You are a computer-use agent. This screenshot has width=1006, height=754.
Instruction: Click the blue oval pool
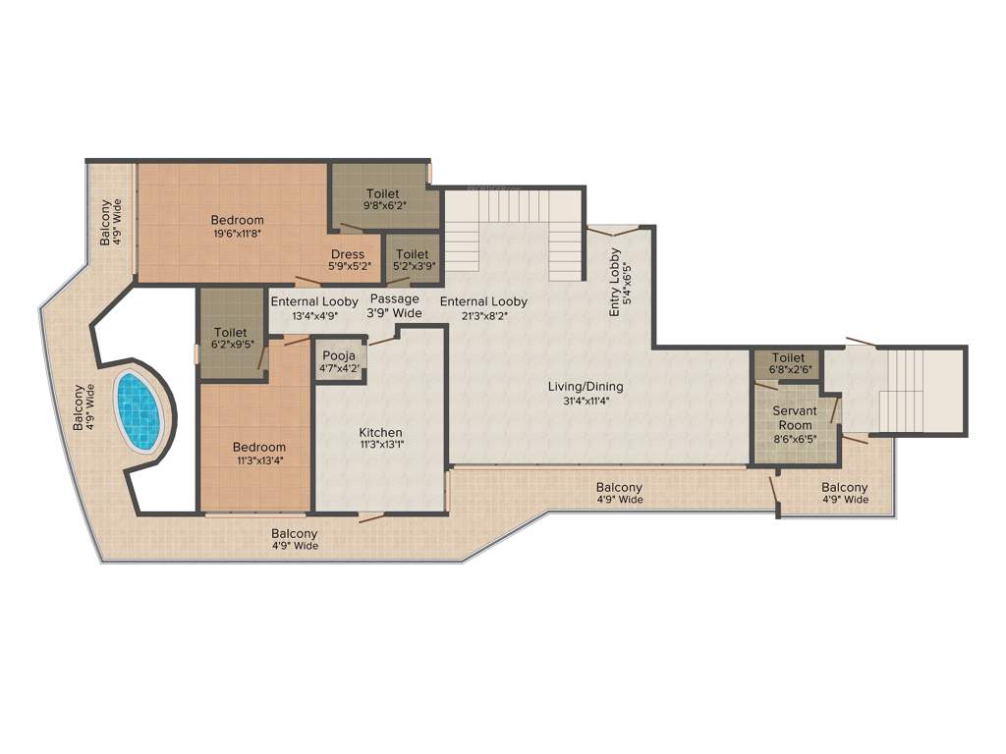(x=139, y=409)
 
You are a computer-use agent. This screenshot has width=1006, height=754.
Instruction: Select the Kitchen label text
(x=380, y=433)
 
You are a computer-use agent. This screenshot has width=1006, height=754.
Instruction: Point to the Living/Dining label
(x=586, y=387)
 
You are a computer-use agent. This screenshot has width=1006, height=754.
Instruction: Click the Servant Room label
(x=795, y=417)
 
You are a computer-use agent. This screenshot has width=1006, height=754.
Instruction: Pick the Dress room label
(x=348, y=254)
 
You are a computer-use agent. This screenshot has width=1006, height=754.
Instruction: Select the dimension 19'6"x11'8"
(x=237, y=234)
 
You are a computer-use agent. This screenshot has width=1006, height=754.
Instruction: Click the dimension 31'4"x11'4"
(x=586, y=400)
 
